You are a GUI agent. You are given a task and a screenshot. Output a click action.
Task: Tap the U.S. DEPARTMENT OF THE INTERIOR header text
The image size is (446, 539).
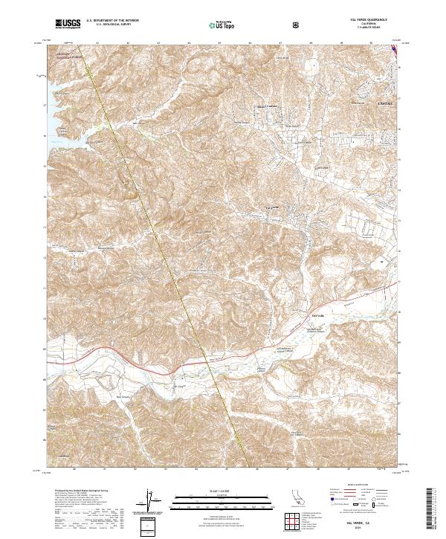[113, 21]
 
